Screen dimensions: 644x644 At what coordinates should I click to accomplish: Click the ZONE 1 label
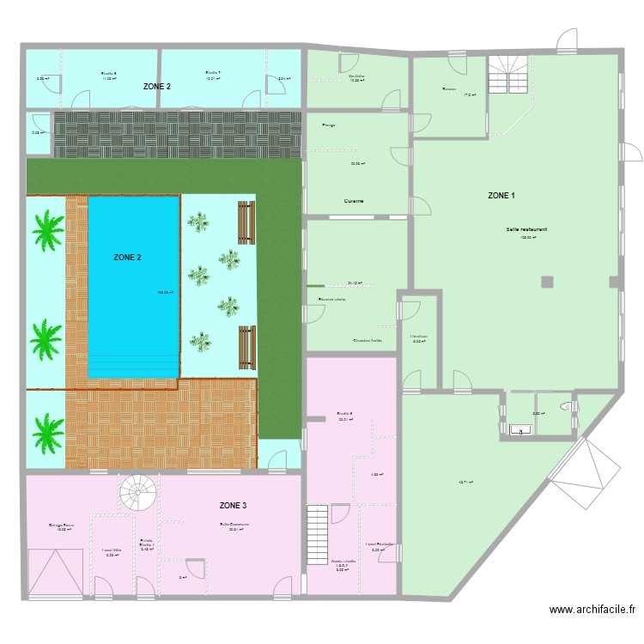[501, 196]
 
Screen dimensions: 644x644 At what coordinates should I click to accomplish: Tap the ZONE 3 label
[234, 505]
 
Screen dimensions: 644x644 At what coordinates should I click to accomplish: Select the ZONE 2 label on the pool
[128, 257]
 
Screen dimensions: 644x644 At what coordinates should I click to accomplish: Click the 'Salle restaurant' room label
[527, 229]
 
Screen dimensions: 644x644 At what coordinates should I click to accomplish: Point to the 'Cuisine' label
[354, 201]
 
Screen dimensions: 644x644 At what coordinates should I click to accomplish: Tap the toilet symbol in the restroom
[564, 405]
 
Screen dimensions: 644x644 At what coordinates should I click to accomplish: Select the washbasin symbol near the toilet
[519, 431]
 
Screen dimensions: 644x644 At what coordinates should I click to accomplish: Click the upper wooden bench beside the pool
[247, 222]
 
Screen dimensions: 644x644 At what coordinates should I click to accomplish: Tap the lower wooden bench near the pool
[247, 346]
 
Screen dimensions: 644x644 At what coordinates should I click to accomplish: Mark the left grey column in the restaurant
[546, 282]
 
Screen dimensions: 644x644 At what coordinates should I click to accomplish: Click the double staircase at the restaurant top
[508, 76]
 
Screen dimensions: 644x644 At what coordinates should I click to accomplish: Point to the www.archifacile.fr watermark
[592, 610]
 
